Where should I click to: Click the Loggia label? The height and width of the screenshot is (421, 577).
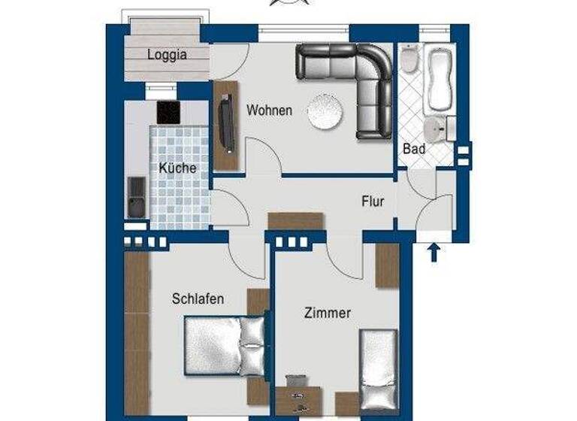coord(167,54)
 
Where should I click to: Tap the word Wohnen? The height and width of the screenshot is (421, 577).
coord(269,110)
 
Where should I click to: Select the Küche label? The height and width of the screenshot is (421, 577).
coord(177,168)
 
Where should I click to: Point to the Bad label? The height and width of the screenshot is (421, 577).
coord(414,149)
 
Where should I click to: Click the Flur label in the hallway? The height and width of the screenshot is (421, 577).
coord(373,201)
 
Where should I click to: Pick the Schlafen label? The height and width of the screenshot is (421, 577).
coord(198,298)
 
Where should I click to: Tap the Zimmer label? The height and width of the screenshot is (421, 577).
coord(327,313)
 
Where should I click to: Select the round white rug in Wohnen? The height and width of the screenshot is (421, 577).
coord(326,112)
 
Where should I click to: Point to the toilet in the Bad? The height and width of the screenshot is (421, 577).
coord(409,59)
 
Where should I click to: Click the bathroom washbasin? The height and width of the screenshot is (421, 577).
coord(435,128)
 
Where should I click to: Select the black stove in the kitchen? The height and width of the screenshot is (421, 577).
coord(168,113)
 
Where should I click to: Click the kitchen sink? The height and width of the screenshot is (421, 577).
coord(136,197)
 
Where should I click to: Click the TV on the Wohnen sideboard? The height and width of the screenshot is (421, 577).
coord(225,124)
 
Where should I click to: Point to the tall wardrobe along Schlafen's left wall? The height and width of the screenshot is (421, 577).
coord(137,331)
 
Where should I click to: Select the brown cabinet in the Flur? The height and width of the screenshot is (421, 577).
coord(295,220)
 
